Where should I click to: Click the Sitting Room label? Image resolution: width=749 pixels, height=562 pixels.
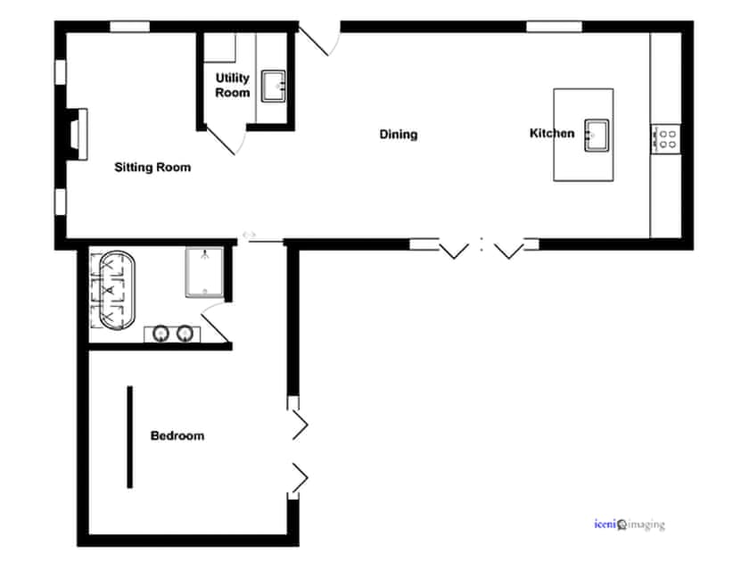152,167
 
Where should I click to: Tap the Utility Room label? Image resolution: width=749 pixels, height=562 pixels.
233,85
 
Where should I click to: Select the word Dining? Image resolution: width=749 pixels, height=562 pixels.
399,135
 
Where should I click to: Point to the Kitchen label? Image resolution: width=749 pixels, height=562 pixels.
552,134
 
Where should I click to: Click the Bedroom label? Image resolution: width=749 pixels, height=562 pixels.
177,436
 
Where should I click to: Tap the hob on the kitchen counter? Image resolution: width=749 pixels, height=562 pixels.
665,138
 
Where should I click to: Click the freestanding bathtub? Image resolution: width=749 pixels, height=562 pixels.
112,291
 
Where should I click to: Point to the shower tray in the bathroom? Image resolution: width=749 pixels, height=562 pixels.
204,271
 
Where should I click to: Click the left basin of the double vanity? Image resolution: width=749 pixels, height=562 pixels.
160,334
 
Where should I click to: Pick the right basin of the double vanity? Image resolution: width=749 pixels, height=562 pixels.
185,334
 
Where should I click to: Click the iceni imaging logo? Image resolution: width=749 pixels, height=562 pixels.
629,525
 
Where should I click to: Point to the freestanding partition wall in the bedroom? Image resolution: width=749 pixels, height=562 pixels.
130,437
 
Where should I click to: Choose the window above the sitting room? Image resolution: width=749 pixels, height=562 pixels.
129,26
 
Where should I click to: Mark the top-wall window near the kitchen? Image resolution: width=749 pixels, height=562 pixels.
553,26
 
